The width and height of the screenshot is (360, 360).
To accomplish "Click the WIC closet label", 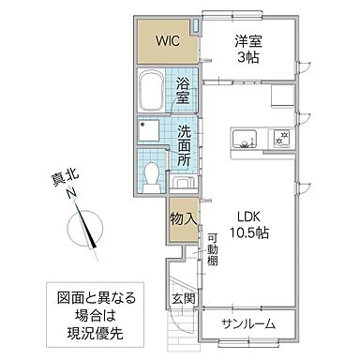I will pos(168,40).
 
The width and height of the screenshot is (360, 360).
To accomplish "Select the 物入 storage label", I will pos(183,218).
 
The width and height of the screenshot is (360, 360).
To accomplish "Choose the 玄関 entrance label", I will pos(183,299).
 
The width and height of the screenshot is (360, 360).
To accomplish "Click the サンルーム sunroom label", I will pos(248,323).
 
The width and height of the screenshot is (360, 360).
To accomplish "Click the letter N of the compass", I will pos(71,194).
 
